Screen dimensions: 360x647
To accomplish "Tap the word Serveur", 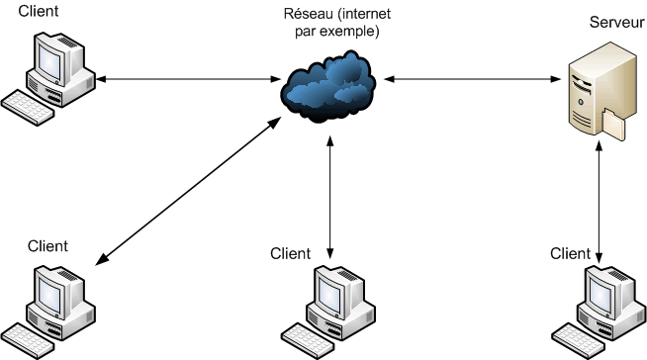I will (x=616, y=22).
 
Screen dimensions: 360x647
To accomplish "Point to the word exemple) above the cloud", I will (x=353, y=32).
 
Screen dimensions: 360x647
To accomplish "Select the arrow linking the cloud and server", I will (x=466, y=77).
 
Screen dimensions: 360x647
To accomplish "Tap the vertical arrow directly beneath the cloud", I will (x=328, y=193).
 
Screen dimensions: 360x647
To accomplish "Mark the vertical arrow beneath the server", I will (x=601, y=193).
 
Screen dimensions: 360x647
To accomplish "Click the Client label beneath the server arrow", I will (x=573, y=254).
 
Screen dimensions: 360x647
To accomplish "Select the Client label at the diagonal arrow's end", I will (x=48, y=246).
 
